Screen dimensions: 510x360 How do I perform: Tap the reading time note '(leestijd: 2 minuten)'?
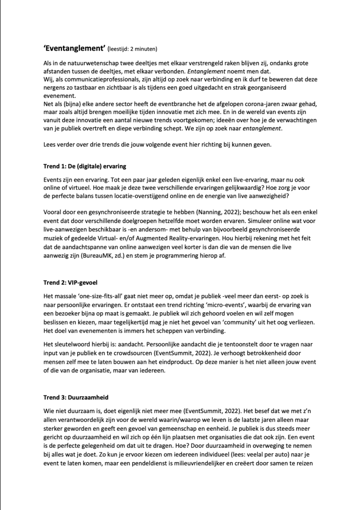pos(132,48)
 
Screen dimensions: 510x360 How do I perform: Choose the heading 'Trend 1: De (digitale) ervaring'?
pos(85,166)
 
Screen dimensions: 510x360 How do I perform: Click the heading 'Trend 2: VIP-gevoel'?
pos(70,283)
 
